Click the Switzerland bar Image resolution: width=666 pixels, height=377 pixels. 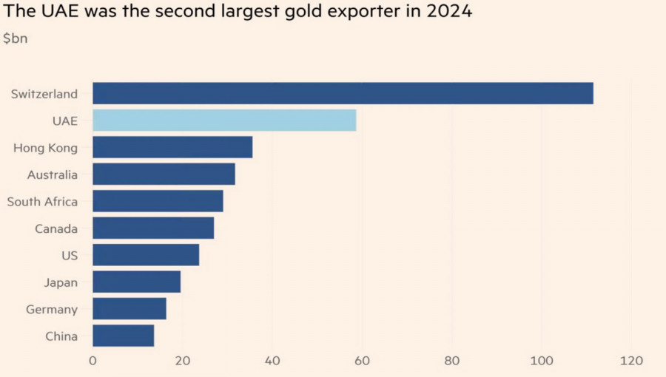pos(343,93)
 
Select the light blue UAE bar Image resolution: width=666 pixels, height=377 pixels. pos(224,120)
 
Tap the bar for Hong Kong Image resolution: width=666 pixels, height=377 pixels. pos(172,147)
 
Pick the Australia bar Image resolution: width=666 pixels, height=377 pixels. pos(164,174)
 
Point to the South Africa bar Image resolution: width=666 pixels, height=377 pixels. pos(158,201)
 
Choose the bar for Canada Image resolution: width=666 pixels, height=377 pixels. pos(153,228)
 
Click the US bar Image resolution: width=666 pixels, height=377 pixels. pos(146,255)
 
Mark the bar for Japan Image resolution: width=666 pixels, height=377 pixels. pos(136,282)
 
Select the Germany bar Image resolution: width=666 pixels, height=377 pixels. pos(129,308)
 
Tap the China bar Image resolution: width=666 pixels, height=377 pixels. pos(124,336)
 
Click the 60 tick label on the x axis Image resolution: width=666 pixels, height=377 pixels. pos(362,361)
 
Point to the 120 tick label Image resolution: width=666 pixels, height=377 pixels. pos(631,361)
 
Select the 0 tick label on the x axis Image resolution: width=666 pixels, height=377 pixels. pos(92,361)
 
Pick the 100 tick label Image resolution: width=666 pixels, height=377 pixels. pos(542,361)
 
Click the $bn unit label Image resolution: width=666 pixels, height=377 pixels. pos(16,38)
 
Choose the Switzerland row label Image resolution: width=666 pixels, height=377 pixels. pos(44,94)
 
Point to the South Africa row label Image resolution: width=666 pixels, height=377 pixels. pos(42,202)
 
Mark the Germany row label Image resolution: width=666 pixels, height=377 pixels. pos(52,309)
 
